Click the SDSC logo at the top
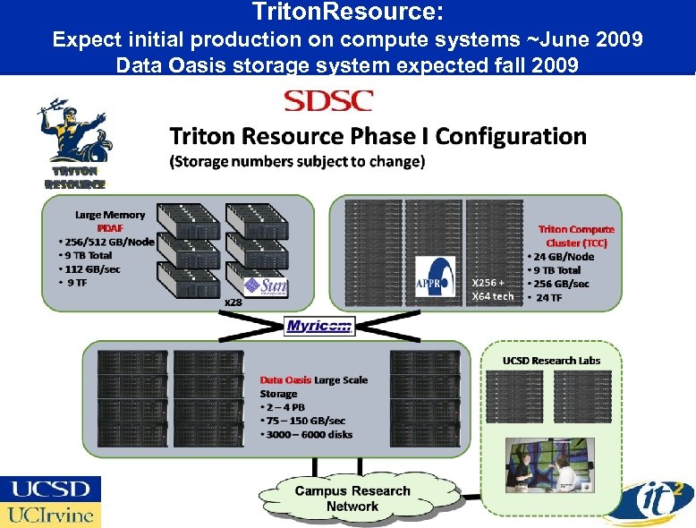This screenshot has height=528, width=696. (x=327, y=101)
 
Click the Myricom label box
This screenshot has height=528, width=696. (x=319, y=327)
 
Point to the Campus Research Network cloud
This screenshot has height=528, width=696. (x=352, y=498)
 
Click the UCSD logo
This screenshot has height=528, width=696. (x=51, y=489)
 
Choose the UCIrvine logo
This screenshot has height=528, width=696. (x=51, y=515)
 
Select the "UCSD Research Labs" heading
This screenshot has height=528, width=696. (x=551, y=360)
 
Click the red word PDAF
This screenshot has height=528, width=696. (x=110, y=227)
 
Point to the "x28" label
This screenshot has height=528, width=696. (x=233, y=302)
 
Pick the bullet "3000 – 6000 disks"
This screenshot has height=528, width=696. (x=307, y=434)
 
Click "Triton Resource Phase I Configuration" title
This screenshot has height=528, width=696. (x=378, y=136)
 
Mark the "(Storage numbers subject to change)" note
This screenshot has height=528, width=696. (x=297, y=162)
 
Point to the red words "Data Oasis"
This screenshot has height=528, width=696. (x=285, y=379)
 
